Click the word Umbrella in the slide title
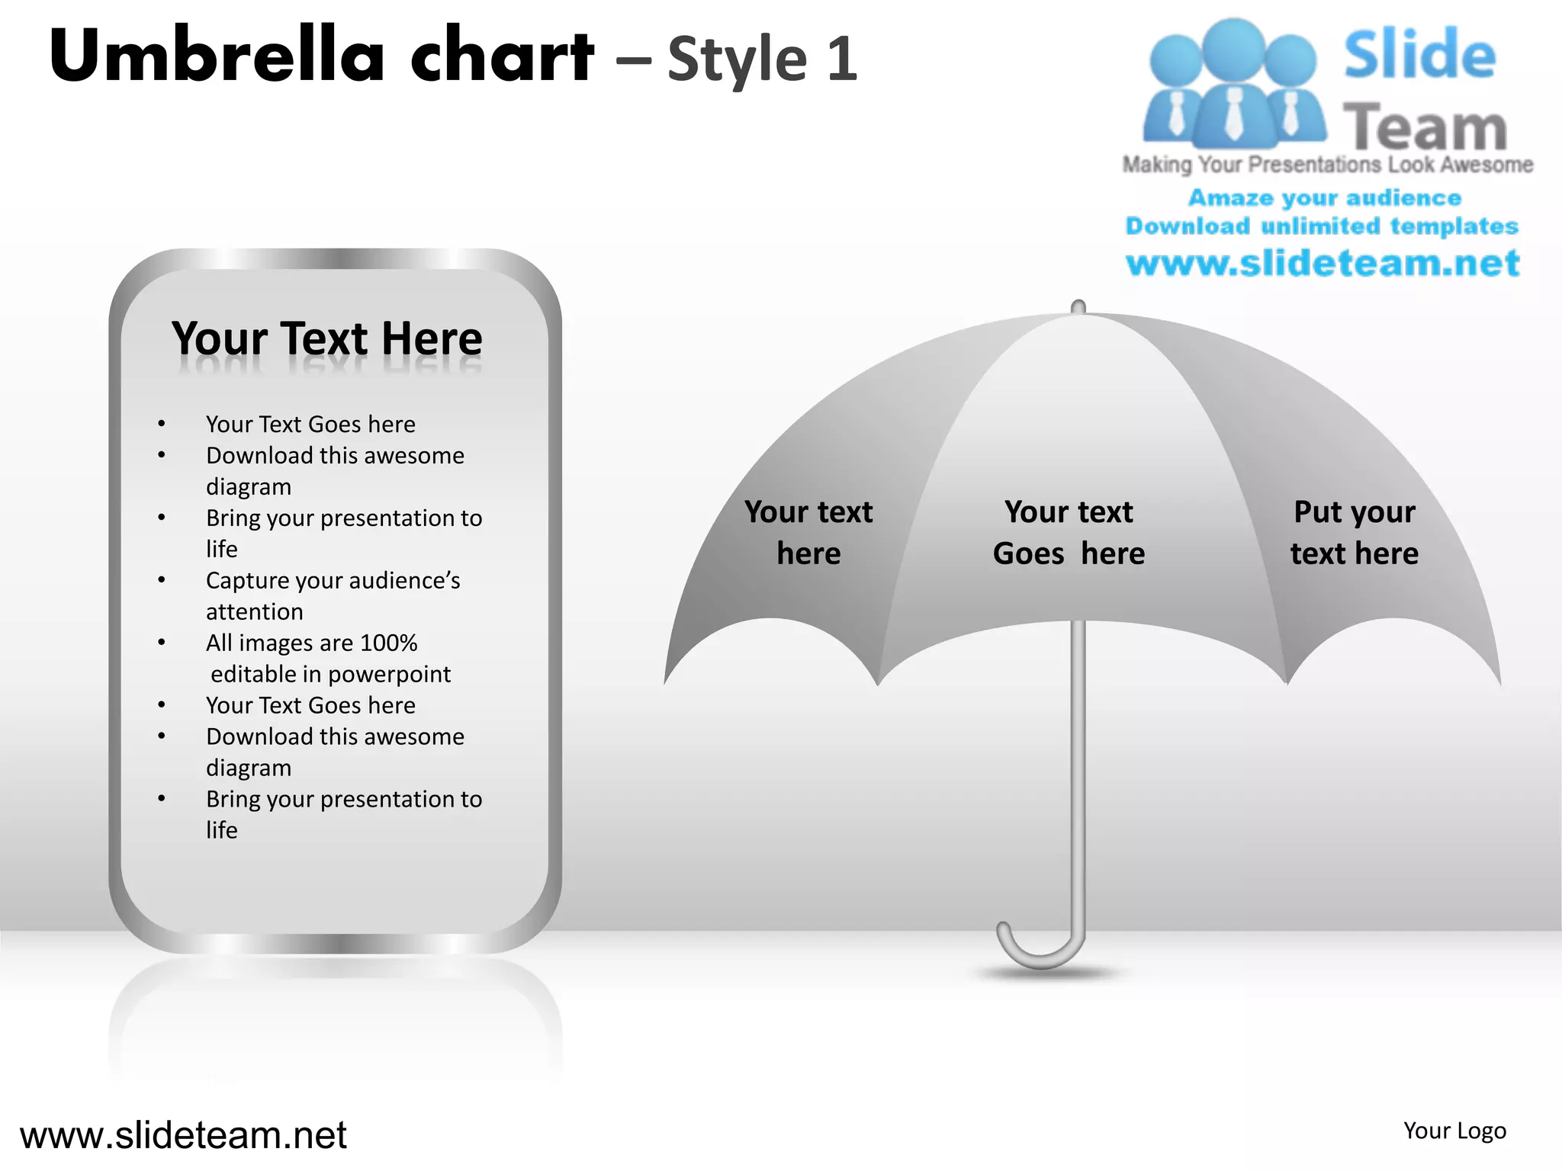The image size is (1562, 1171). [x=217, y=56]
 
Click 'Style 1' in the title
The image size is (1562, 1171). [x=762, y=59]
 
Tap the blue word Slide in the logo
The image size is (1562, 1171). [x=1419, y=55]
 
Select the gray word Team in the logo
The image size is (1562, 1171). [x=1424, y=127]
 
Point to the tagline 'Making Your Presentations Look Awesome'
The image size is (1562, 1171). [x=1327, y=165]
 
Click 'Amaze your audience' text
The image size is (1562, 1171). [x=1325, y=198]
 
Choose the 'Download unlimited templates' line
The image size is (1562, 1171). [x=1322, y=226]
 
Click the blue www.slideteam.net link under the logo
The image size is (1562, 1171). [x=1323, y=264]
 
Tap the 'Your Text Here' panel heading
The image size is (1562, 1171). [x=326, y=338]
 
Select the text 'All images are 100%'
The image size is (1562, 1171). [x=311, y=643]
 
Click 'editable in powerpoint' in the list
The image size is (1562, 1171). [x=330, y=674]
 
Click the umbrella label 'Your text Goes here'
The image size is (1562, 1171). [x=1069, y=532]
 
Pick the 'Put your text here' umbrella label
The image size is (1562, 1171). [x=1354, y=532]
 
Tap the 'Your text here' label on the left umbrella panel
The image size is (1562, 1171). [x=808, y=532]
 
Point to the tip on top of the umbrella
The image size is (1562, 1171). [x=1078, y=306]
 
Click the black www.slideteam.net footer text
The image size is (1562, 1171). [x=183, y=1135]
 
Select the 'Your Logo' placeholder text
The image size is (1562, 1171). [x=1454, y=1131]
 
